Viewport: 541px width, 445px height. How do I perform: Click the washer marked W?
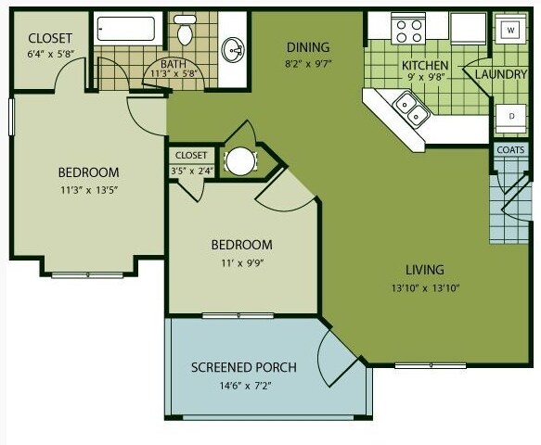[510, 30]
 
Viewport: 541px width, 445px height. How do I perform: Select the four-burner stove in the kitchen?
[408, 30]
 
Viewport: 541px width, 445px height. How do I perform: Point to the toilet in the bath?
[185, 30]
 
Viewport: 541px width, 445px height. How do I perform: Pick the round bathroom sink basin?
[233, 51]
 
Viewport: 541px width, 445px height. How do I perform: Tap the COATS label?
[510, 150]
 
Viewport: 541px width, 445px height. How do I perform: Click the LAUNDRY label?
[501, 74]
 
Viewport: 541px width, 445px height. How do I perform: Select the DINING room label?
[308, 47]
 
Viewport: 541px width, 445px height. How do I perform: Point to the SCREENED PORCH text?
[244, 367]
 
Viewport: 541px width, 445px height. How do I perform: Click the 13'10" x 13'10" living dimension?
[425, 288]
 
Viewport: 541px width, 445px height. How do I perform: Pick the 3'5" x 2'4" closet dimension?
[191, 171]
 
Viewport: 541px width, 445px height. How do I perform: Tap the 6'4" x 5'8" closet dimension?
[51, 54]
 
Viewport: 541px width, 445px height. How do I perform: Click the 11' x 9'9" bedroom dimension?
[242, 263]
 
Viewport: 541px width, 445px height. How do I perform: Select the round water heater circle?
[241, 161]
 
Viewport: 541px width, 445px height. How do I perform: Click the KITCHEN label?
[425, 65]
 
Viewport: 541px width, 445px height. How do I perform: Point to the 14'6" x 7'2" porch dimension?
[245, 386]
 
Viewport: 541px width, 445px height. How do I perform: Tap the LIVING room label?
[425, 270]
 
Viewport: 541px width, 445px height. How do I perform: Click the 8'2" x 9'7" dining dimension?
[308, 65]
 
